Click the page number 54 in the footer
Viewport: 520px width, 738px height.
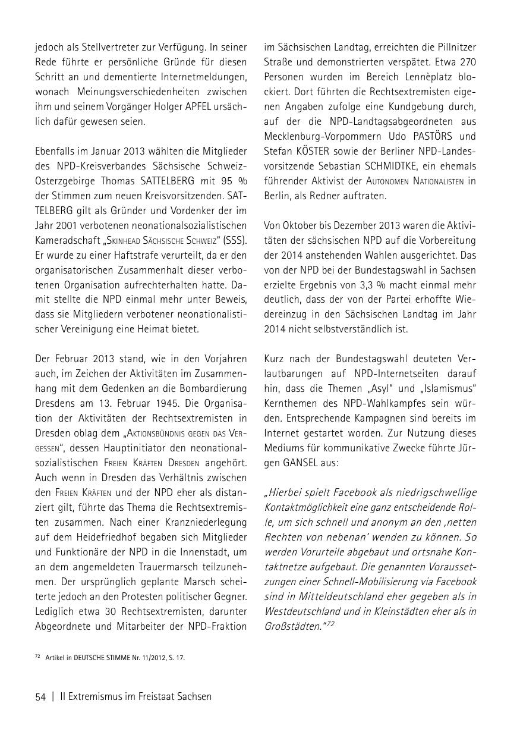point(40,696)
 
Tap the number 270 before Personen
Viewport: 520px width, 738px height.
point(465,62)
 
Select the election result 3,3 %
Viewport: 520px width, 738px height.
point(364,284)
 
